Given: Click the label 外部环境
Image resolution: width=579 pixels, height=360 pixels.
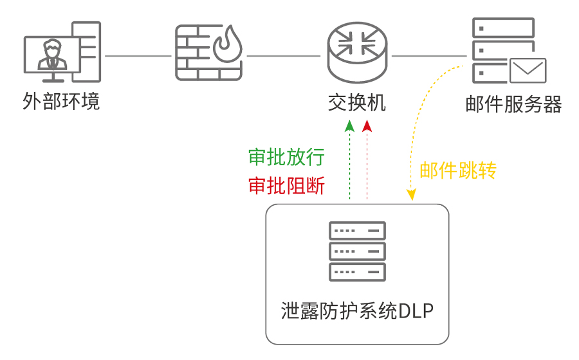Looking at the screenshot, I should [x=61, y=102].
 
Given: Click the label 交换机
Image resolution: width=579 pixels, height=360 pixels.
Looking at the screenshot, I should [x=357, y=102].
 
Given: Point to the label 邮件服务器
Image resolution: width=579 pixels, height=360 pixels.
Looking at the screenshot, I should [x=513, y=104].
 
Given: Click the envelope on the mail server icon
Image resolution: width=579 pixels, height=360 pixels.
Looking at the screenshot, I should [x=528, y=71].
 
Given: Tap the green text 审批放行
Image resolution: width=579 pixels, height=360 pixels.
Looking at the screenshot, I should [x=286, y=157].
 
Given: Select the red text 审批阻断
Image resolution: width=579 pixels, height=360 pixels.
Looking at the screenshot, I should [x=286, y=186].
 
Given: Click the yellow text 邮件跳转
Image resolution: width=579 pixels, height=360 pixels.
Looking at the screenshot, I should [x=458, y=170].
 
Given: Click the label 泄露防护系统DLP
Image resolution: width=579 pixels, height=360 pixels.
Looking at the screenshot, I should [x=357, y=311].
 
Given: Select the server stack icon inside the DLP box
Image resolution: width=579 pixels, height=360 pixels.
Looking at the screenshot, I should [x=357, y=251].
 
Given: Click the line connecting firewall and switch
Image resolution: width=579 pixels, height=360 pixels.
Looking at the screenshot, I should [x=283, y=56].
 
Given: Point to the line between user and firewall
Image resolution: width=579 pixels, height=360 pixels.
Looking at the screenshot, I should [x=138, y=56].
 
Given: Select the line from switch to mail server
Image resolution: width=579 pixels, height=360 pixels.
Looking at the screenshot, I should [x=428, y=56].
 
